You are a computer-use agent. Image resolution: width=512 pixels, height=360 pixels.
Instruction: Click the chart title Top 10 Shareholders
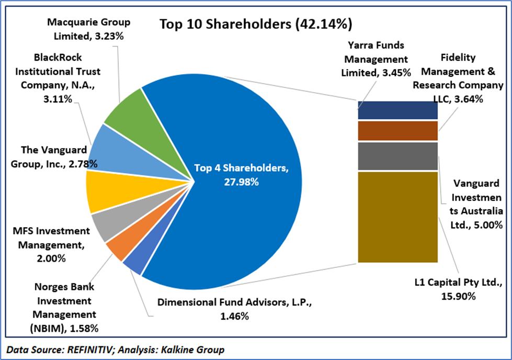(x=256, y=24)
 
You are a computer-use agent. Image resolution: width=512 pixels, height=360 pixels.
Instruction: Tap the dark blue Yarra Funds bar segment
(x=397, y=110)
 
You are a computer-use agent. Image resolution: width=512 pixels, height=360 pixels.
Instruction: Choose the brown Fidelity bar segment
(x=397, y=131)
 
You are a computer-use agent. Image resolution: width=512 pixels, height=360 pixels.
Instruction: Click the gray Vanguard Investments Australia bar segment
(x=397, y=156)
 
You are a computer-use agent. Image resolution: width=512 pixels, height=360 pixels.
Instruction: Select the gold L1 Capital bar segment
(x=397, y=217)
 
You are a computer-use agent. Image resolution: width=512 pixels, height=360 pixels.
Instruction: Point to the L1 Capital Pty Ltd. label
(x=456, y=289)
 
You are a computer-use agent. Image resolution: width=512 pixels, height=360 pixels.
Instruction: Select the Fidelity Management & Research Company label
(x=457, y=78)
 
